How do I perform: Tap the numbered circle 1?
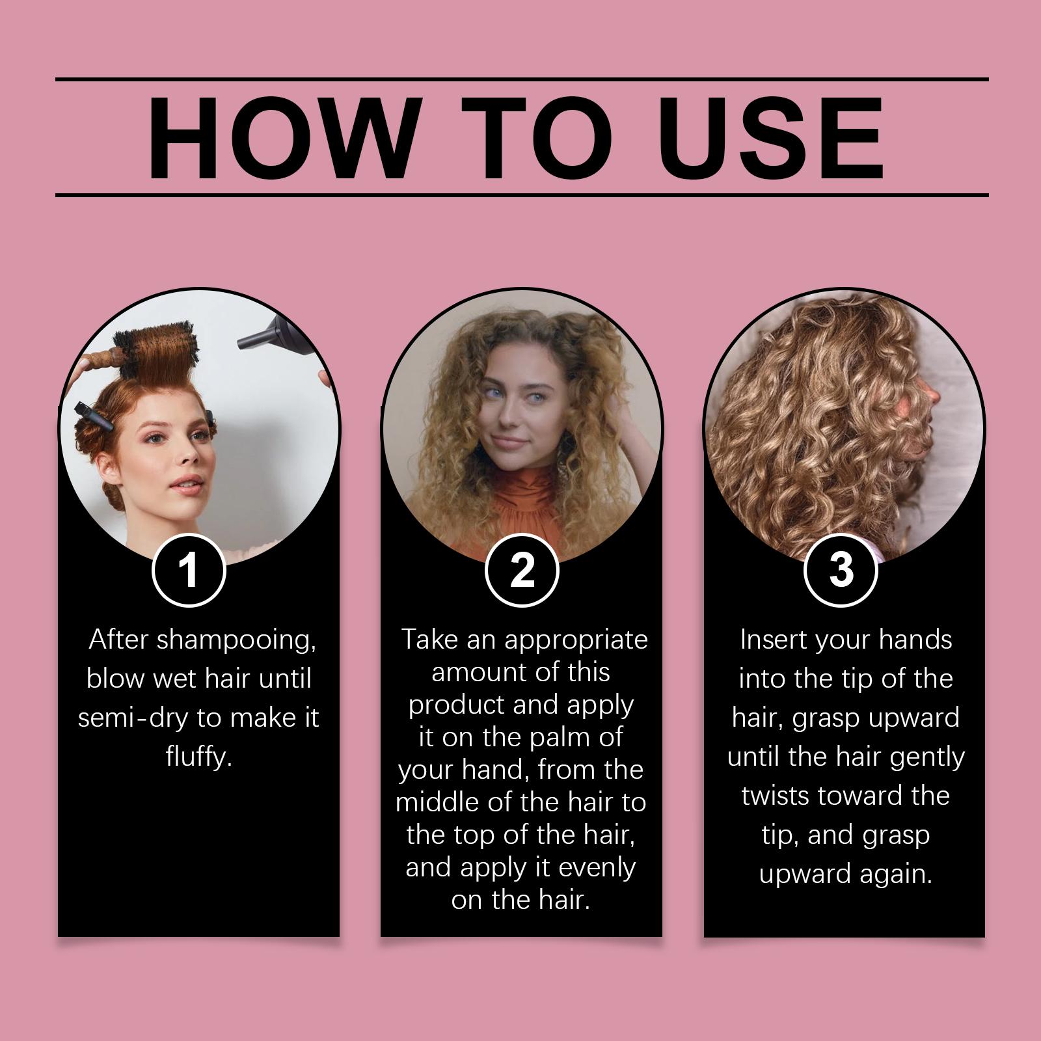(189, 571)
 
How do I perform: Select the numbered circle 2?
(522, 571)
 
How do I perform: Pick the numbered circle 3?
(841, 571)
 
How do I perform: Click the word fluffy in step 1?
(198, 757)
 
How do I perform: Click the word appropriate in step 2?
(576, 640)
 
